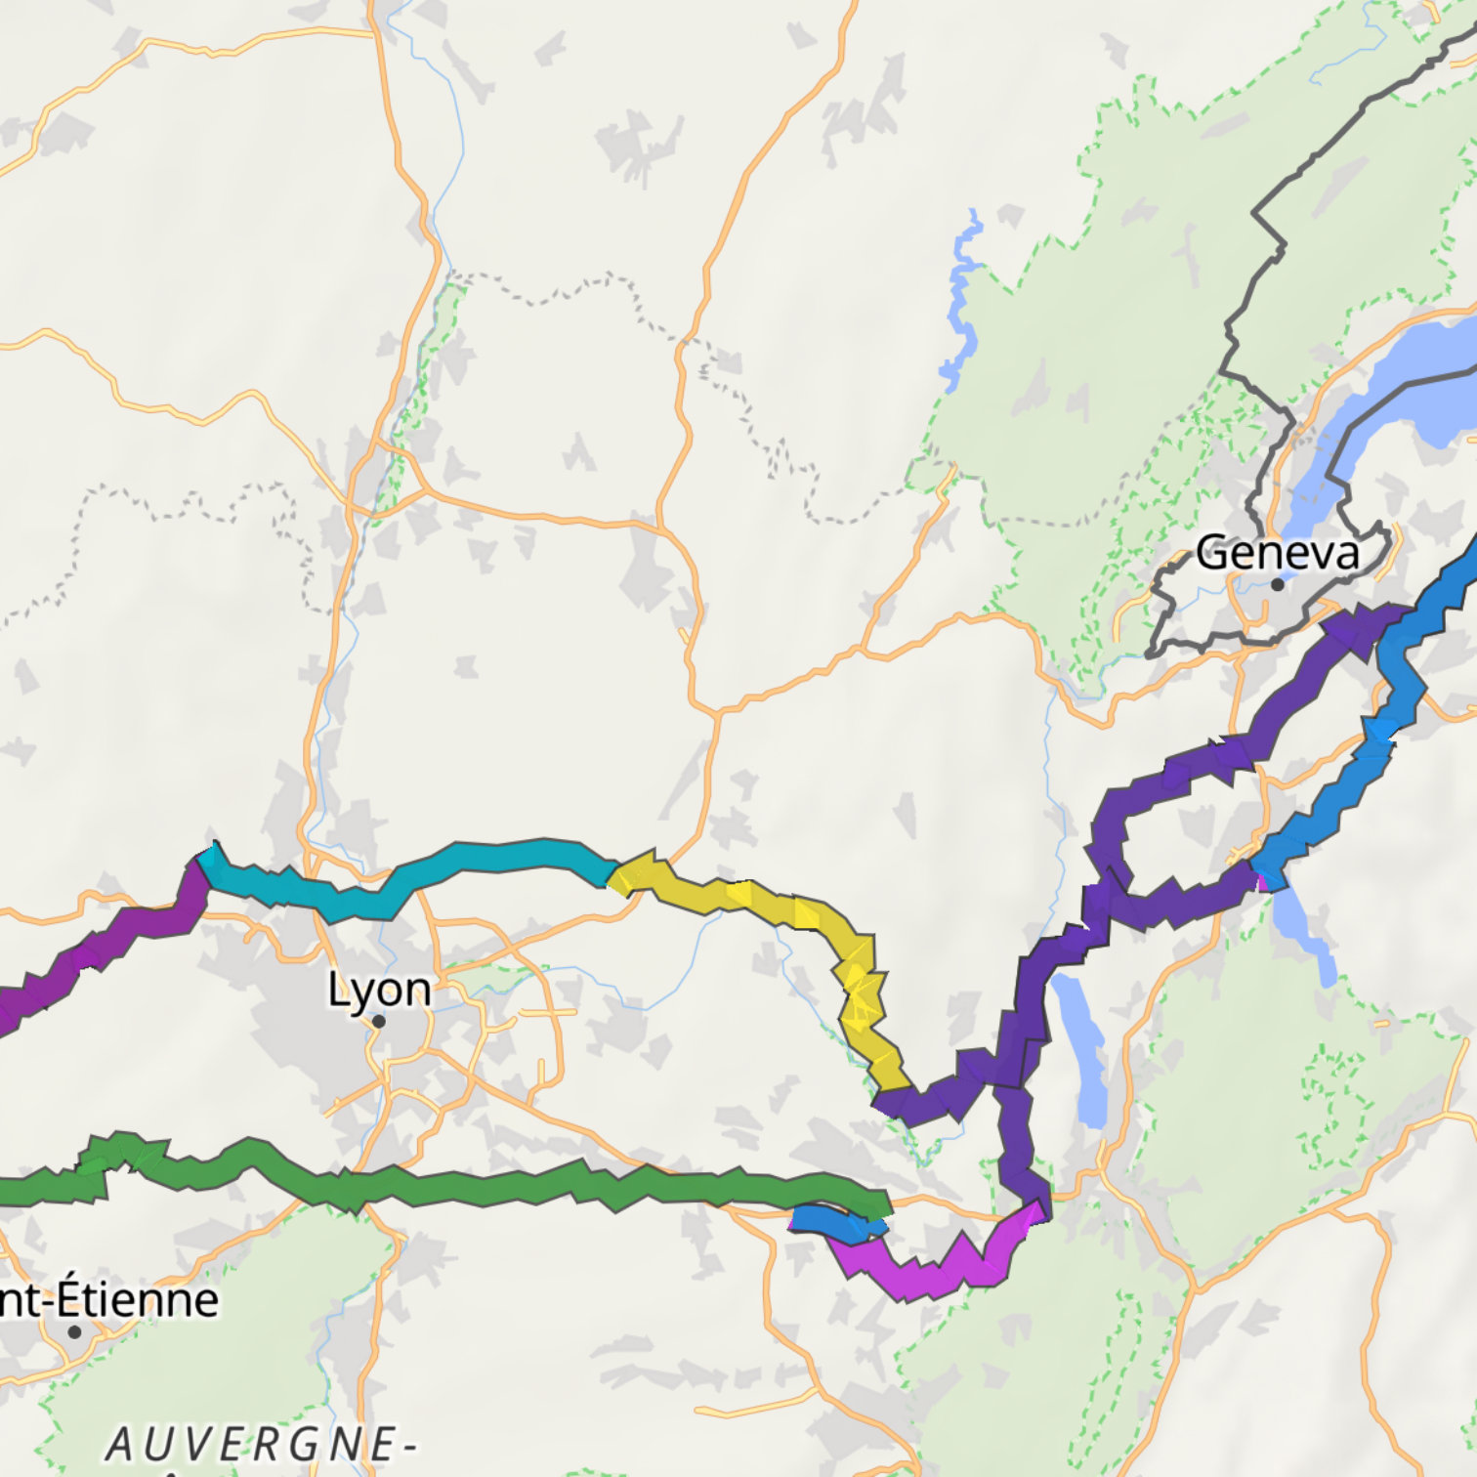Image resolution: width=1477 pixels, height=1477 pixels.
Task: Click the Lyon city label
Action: [379, 991]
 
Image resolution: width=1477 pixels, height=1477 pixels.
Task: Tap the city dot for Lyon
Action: [379, 1022]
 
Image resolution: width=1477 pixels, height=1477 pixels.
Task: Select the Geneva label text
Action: [1277, 553]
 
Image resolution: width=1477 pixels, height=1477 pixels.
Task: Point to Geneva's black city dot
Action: [1277, 584]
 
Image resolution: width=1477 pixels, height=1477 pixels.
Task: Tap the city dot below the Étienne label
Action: [74, 1331]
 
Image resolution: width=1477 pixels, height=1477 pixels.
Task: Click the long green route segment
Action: [488, 1187]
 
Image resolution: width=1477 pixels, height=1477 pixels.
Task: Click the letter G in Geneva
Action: [1211, 553]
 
